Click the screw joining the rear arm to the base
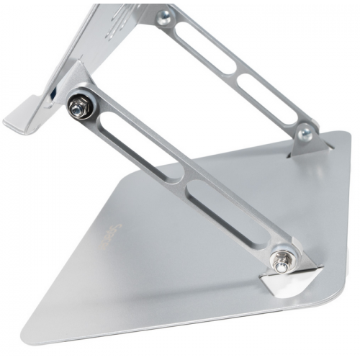tap(306, 132)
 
